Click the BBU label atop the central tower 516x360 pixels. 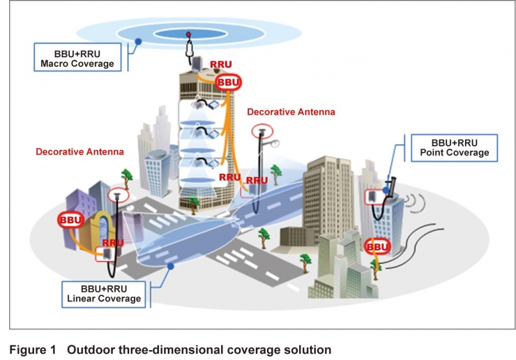tap(228, 83)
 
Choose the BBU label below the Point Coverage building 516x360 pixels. tap(377, 247)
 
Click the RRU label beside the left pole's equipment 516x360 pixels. tap(113, 243)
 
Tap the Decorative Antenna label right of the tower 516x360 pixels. tap(291, 112)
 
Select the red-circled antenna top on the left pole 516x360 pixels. tap(119, 195)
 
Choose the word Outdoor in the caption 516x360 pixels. tap(89, 348)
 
